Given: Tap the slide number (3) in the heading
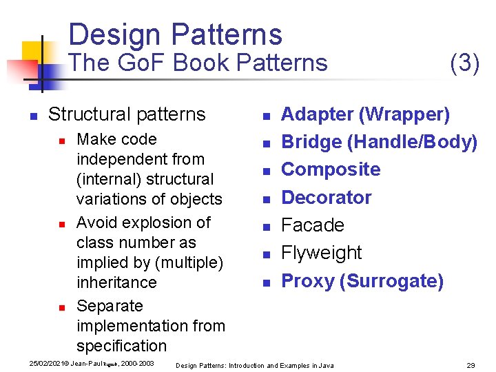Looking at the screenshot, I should click(x=464, y=63).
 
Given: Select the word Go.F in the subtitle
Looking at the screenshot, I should click(x=142, y=63).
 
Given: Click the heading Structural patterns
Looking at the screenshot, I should click(x=127, y=114).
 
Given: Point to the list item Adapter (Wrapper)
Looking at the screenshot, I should click(x=366, y=114).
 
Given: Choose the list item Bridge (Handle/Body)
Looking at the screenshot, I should click(x=380, y=142).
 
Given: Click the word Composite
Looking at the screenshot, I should click(x=331, y=169).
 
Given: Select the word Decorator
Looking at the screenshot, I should click(x=327, y=198).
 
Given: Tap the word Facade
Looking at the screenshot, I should click(x=313, y=225).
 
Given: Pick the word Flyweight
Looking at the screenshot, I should click(x=322, y=253).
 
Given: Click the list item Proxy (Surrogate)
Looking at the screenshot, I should click(x=362, y=281).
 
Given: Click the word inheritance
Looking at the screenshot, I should click(x=116, y=282).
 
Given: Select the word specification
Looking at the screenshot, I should click(x=122, y=346).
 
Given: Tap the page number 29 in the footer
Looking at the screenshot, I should click(x=471, y=365).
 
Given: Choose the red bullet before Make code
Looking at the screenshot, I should click(x=62, y=141).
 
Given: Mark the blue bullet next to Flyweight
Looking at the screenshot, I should click(x=267, y=255).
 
